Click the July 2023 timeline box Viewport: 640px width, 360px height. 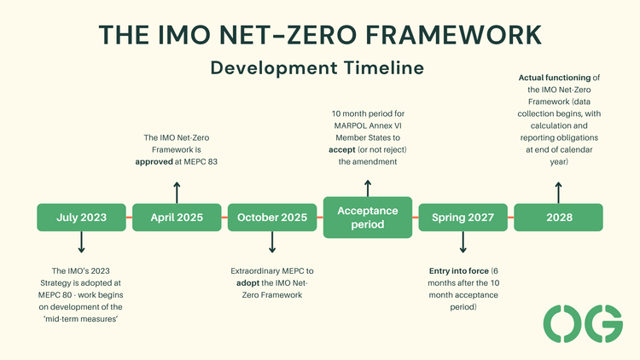click(x=81, y=218)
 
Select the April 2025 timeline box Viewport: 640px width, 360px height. click(x=177, y=218)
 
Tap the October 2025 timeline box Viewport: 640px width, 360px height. click(x=272, y=218)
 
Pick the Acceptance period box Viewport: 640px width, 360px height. click(x=367, y=218)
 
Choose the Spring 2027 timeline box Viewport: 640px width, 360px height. click(x=463, y=218)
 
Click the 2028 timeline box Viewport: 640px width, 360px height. click(x=558, y=218)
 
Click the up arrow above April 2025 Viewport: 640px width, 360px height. click(x=177, y=191)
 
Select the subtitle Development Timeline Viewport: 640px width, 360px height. click(x=319, y=67)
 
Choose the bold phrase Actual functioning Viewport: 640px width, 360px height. click(x=550, y=78)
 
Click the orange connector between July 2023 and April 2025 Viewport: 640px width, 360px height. click(x=129, y=218)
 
